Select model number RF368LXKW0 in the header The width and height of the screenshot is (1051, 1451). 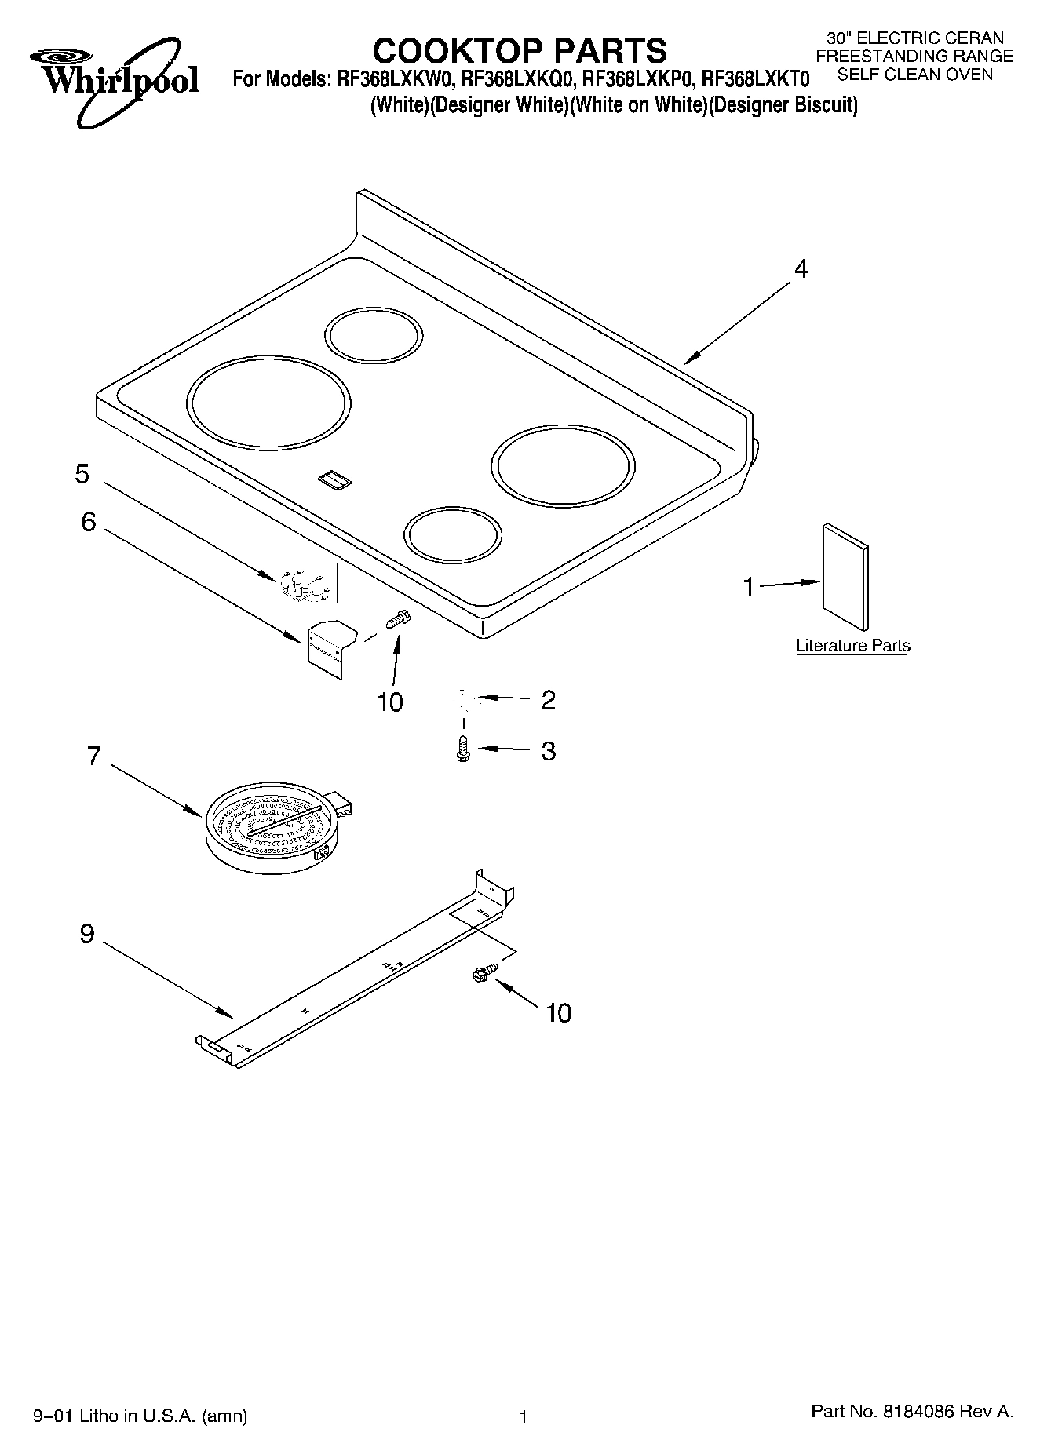coord(393,79)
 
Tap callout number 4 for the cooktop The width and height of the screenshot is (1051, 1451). coord(800,269)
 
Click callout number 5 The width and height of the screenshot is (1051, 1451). coord(82,474)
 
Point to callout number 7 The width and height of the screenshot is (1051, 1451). coord(94,756)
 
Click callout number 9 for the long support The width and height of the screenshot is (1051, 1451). coord(87,934)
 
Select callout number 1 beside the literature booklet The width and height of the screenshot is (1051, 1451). coord(748,586)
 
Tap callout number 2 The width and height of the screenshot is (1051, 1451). coord(548,699)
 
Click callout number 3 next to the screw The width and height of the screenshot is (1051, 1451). coord(548,751)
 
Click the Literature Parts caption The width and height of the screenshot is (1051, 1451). coord(852,646)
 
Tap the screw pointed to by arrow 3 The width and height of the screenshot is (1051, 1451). coord(462,749)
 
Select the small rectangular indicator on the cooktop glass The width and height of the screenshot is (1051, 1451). coord(334,480)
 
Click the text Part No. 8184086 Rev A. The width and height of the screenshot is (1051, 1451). coord(911,1412)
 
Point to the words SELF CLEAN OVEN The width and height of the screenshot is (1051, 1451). coord(914,75)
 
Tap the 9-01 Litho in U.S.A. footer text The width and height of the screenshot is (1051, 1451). coord(140,1416)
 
